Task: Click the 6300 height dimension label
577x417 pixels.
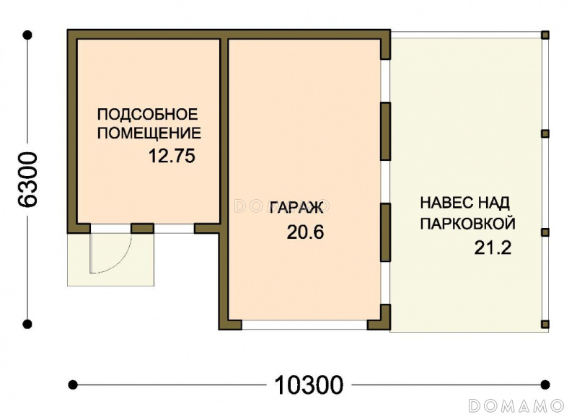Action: click(28, 179)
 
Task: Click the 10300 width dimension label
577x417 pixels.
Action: click(309, 385)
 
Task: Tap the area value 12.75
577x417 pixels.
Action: click(172, 156)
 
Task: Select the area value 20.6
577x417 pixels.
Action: click(305, 232)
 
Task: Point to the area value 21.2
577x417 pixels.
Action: click(493, 247)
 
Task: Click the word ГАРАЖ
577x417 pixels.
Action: click(296, 208)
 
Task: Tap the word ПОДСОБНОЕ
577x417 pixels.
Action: click(148, 114)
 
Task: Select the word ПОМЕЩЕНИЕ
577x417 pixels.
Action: click(149, 133)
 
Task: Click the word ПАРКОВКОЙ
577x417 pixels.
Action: click(467, 224)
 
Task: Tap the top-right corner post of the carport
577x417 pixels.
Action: click(545, 35)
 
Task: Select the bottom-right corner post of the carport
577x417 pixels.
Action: click(545, 324)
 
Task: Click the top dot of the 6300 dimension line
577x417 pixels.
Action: click(27, 35)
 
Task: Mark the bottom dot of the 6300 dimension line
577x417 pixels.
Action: click(27, 324)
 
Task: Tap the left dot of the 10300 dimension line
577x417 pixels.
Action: click(73, 385)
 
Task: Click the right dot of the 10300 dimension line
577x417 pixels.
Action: click(545, 385)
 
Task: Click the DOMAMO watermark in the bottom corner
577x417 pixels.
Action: click(516, 405)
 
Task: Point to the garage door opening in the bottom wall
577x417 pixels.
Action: click(304, 325)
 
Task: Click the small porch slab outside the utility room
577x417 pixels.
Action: click(110, 259)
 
